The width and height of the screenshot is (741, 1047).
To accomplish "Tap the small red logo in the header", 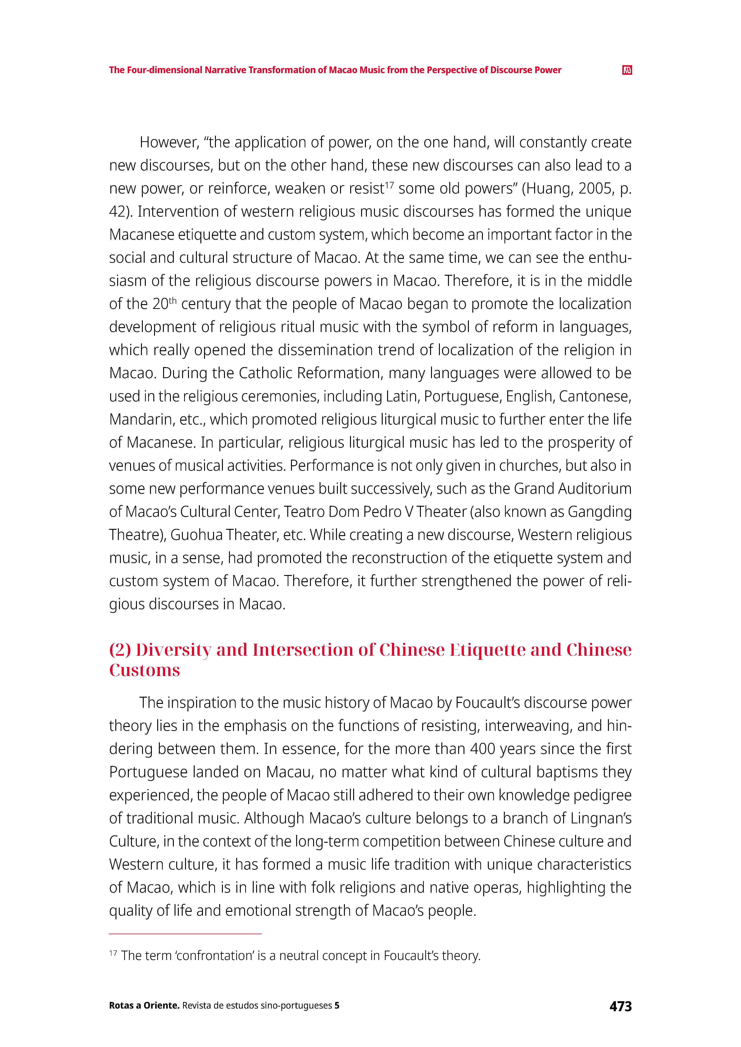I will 627,70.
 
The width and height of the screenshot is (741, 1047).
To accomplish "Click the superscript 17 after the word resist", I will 389,184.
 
